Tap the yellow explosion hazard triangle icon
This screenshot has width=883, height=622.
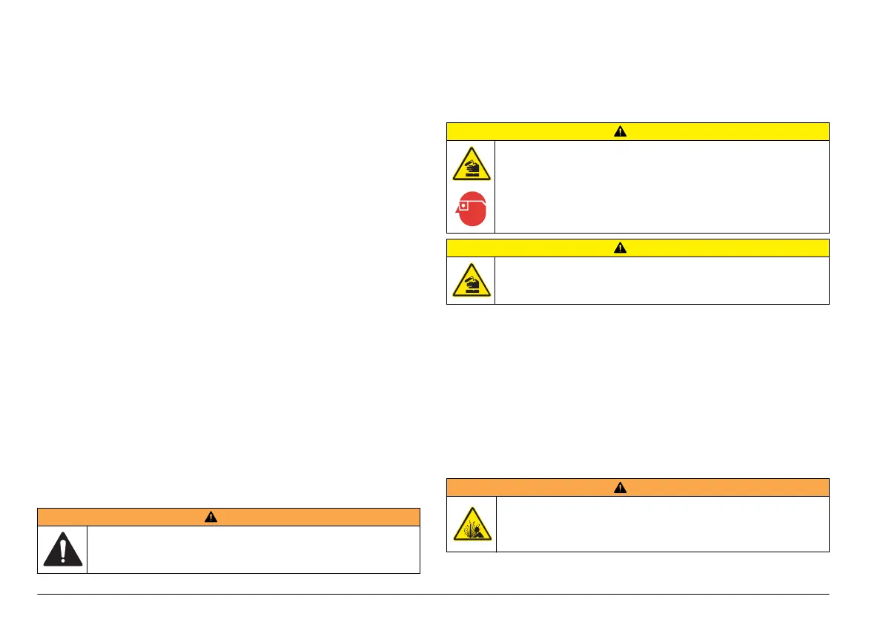tap(471, 525)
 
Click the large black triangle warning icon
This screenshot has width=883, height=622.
tap(62, 549)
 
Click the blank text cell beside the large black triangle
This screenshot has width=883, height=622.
tap(253, 549)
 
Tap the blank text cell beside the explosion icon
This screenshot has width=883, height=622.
tap(661, 524)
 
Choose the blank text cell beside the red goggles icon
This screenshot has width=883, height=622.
tap(661, 187)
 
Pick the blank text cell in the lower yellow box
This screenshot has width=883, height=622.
tap(661, 280)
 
